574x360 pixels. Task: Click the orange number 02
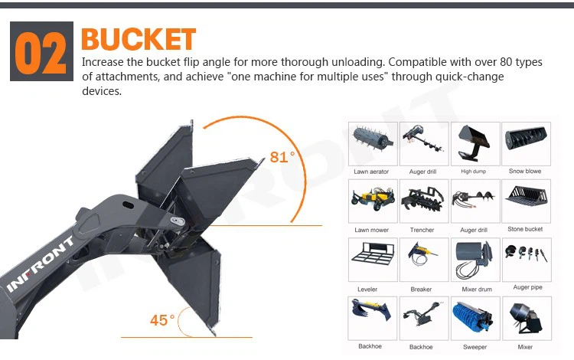41,52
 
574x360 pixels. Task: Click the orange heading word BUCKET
139,39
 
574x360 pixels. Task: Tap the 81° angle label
282,157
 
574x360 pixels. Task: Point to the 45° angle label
162,320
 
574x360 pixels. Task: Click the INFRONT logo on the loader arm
41,264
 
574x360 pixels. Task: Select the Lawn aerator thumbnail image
373,144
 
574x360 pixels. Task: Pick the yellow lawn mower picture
373,201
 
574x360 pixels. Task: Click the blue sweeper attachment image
475,318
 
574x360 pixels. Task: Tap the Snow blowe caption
525,171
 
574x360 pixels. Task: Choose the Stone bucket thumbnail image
526,201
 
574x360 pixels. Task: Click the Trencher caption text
422,230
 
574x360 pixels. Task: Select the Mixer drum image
475,260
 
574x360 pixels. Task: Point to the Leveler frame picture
373,260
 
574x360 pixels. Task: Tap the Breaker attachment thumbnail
424,260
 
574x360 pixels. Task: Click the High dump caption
473,172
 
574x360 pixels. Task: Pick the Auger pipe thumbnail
527,260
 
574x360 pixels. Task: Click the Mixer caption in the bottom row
525,347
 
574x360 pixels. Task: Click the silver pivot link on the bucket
178,221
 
